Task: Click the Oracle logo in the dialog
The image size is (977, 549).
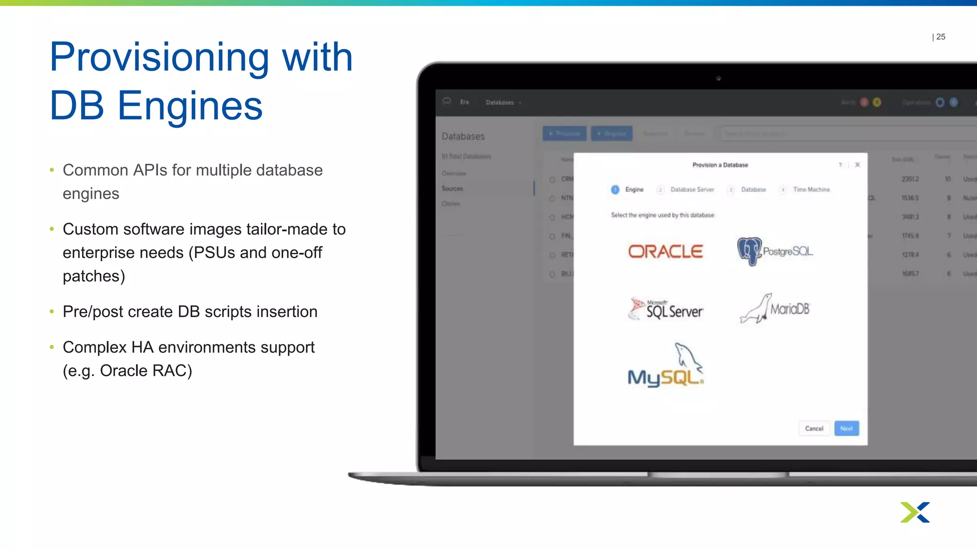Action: click(665, 252)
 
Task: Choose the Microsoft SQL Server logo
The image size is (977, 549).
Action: click(666, 309)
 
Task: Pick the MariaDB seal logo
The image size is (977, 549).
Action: click(775, 309)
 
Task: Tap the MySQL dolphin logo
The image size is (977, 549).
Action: click(666, 366)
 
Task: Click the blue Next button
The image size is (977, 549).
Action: click(846, 428)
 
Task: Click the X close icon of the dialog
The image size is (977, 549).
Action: click(857, 165)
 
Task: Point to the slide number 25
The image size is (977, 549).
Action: click(940, 37)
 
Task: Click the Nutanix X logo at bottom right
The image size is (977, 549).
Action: click(915, 512)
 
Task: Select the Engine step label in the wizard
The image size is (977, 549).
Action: click(634, 190)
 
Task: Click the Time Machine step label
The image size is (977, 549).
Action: click(811, 190)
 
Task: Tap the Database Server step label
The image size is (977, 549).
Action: click(692, 190)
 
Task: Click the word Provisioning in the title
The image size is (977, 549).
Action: click(159, 58)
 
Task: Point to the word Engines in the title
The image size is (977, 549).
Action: click(190, 106)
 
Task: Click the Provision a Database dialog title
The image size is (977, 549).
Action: click(720, 165)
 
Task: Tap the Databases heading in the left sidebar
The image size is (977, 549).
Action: click(463, 137)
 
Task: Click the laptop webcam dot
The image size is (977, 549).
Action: click(718, 78)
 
